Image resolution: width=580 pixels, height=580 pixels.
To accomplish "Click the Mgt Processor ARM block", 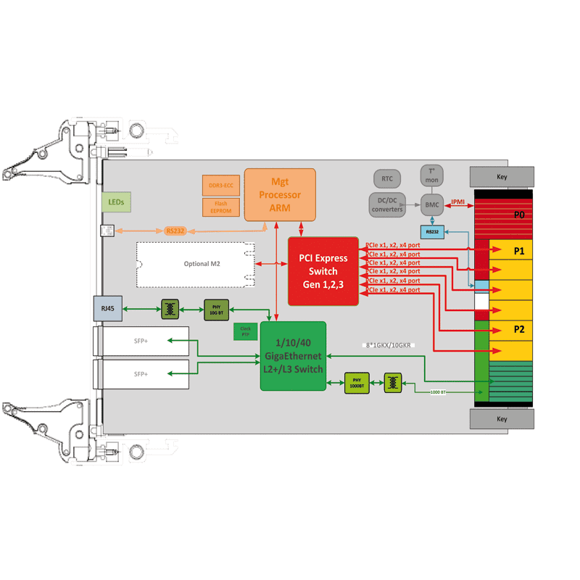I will pyautogui.click(x=280, y=194).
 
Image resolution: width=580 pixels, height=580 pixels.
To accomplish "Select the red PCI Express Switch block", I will pyautogui.click(x=323, y=271).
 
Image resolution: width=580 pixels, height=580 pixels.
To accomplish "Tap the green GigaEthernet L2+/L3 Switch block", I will pyautogui.click(x=293, y=355).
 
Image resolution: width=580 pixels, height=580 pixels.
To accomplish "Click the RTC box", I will pyautogui.click(x=387, y=178).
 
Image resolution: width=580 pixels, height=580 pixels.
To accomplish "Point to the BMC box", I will pyautogui.click(x=432, y=204).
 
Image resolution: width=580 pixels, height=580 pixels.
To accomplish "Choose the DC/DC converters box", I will pyautogui.click(x=387, y=205).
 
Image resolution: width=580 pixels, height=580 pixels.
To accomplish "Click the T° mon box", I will pyautogui.click(x=431, y=174).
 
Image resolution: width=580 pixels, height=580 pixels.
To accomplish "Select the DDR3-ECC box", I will pyautogui.click(x=221, y=185).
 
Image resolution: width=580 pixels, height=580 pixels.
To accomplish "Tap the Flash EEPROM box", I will pyautogui.click(x=221, y=207).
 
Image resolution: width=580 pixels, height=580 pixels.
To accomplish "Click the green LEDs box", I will pyautogui.click(x=116, y=202).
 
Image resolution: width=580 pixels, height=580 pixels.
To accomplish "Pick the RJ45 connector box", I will pyautogui.click(x=108, y=309).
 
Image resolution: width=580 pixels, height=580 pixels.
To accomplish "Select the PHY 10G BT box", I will pyautogui.click(x=217, y=310).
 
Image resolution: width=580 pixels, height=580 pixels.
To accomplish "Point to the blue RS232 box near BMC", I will pyautogui.click(x=432, y=232).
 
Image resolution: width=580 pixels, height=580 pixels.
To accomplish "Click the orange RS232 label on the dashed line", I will pyautogui.click(x=175, y=231).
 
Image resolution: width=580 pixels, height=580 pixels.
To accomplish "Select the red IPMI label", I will pyautogui.click(x=458, y=203).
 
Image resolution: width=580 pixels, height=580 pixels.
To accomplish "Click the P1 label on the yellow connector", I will pyautogui.click(x=519, y=251).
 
